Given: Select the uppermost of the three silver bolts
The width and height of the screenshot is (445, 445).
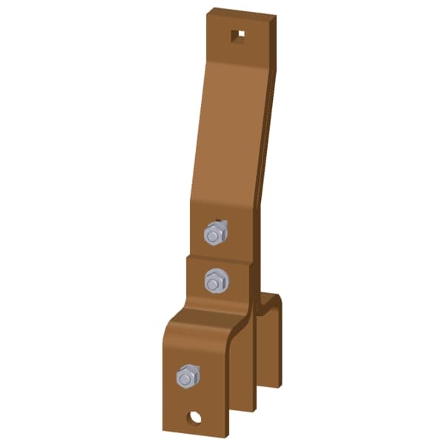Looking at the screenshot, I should click(x=214, y=234).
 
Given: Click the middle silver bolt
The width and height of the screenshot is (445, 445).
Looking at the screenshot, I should click(x=216, y=281).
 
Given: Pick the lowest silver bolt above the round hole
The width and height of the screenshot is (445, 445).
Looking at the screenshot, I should click(x=188, y=377).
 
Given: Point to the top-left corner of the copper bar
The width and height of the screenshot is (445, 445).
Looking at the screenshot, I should click(x=208, y=10).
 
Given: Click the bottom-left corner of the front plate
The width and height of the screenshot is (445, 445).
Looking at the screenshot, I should click(x=165, y=429).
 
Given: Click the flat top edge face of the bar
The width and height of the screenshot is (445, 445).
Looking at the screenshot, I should click(x=241, y=12).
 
